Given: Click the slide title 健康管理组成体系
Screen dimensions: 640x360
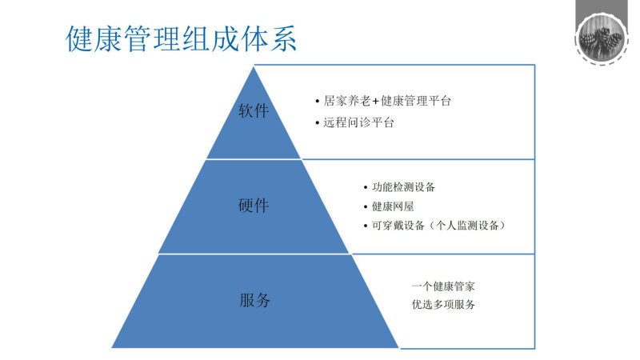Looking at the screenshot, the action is pos(181,38).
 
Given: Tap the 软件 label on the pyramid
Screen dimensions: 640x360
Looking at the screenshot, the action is pos(254,110).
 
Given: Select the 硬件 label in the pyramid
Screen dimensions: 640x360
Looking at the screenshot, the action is pos(254,206).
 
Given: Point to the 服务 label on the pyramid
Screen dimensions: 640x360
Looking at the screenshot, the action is pos(254,300).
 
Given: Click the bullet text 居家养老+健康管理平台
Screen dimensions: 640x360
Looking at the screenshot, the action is pos(387,101).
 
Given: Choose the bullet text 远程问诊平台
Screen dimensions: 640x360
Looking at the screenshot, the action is pos(358,122).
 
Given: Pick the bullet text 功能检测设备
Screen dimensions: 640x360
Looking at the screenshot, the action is pos(403,187).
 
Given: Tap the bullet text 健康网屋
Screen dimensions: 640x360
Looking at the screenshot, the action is pos(393,206).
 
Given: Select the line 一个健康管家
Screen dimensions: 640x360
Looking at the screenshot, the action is pos(443,286).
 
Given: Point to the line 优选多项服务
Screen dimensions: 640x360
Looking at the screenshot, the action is pos(443,305).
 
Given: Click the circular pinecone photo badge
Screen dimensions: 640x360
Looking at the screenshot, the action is pos(602,38).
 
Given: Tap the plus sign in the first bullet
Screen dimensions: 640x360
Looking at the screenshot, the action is pos(375,102).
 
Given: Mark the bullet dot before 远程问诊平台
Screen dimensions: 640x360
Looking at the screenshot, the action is pos(317,122).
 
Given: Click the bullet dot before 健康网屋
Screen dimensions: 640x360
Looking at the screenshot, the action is pos(366,207).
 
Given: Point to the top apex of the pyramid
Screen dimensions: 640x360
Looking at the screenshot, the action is pos(254,66).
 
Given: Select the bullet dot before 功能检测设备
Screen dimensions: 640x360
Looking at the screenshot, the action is pos(366,188).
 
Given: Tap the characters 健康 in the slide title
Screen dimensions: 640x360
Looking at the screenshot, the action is pos(94,38).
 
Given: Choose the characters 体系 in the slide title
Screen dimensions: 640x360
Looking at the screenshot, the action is pos(268,38).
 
